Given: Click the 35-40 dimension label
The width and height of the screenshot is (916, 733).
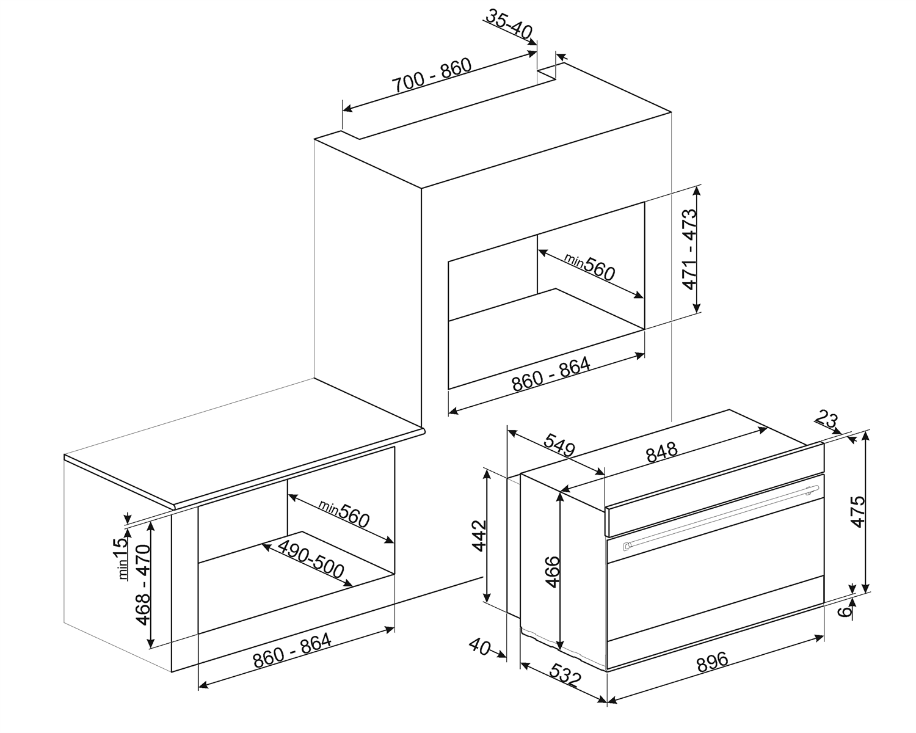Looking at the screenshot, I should tap(510, 23).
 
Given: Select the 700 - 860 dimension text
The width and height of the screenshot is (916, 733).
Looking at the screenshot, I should tap(432, 76).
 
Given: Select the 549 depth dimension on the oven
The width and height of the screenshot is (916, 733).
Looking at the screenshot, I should tap(559, 445).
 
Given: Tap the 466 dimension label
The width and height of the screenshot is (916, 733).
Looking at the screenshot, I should tap(552, 571).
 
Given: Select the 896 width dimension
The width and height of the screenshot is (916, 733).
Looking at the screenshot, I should tap(713, 660).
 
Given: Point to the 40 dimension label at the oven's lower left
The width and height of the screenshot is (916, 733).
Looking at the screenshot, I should tap(480, 646).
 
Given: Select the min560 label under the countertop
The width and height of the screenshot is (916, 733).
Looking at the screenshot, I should tap(344, 513).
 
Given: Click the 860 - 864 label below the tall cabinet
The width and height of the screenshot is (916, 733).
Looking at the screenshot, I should tap(551, 374).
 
